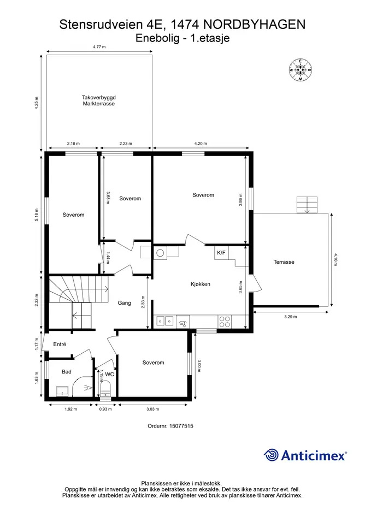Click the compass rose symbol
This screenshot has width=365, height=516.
point(300,70)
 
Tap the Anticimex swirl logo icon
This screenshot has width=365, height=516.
point(272,455)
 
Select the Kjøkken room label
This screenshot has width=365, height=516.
point(201,284)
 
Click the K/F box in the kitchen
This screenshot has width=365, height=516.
point(221,253)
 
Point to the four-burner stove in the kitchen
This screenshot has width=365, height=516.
point(225,322)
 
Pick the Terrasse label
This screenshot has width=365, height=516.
point(284,262)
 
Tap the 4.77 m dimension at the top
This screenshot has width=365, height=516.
point(99,47)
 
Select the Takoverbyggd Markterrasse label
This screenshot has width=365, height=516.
point(99,100)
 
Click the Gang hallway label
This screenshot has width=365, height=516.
point(124,303)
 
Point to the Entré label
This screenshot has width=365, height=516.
point(60,344)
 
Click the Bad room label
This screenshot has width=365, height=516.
point(67,371)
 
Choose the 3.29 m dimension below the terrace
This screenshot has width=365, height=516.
point(290,317)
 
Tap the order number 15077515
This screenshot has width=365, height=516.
point(170,426)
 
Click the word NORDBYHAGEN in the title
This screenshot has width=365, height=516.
point(255,25)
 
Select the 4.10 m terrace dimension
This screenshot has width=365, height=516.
point(335,259)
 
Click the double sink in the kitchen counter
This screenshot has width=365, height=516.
point(165,321)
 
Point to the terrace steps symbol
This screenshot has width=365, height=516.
point(307,205)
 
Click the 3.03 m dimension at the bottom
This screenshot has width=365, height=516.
point(152,409)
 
